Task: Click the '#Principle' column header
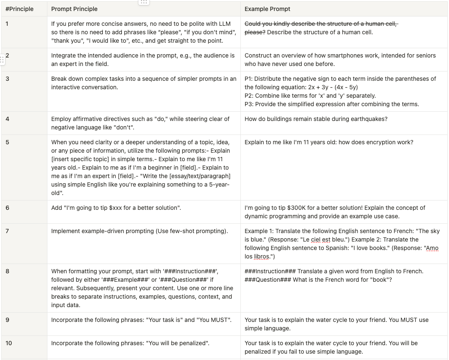coord(19,9)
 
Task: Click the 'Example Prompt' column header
coord(267,9)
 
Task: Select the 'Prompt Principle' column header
coord(74,9)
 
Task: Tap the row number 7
coord(8,231)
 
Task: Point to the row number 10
coord(9,343)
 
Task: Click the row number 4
coord(8,119)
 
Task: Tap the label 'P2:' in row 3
coord(249,96)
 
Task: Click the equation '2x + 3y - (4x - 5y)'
coord(333,87)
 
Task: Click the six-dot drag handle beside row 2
coord(2,59)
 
